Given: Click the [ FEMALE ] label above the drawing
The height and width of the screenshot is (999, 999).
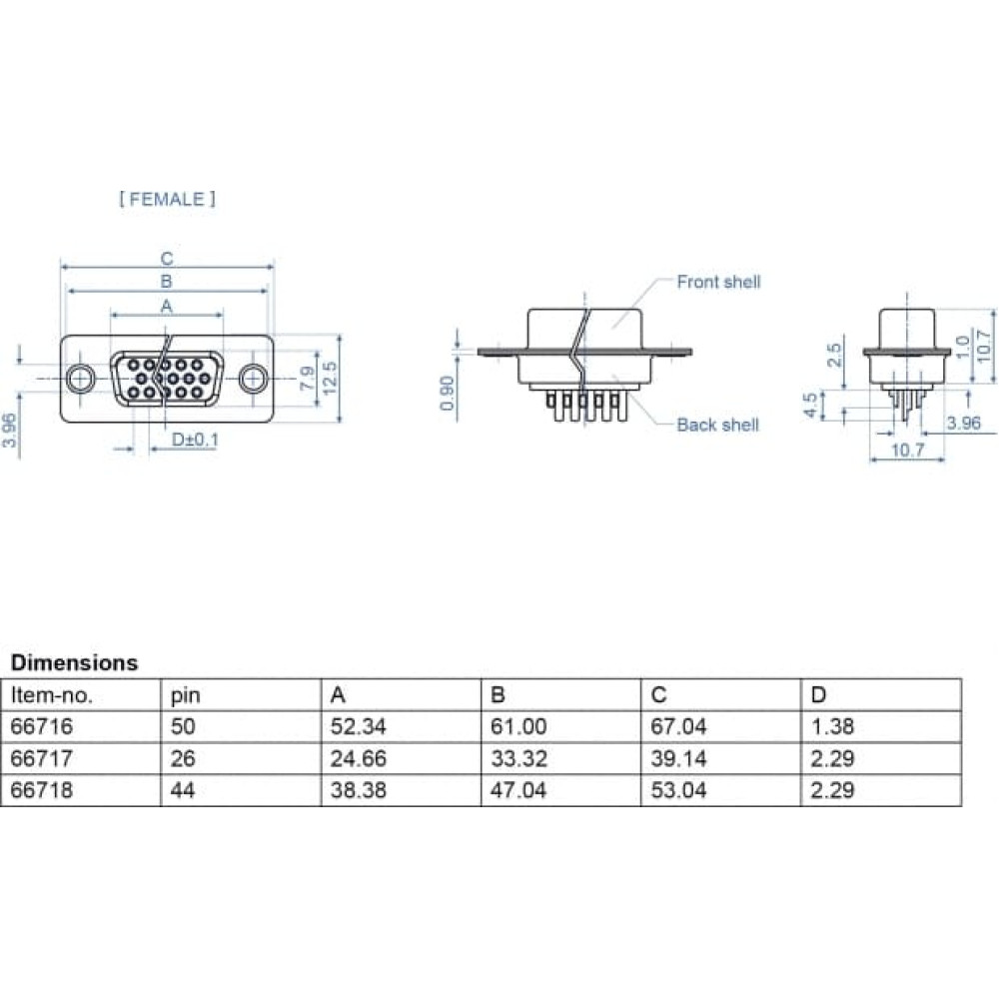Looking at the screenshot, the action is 168,200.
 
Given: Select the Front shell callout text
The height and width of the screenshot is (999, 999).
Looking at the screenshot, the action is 718,282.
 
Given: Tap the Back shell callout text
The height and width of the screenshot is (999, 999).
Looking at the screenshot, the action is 718,425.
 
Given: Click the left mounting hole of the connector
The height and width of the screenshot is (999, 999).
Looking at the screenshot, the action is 80,379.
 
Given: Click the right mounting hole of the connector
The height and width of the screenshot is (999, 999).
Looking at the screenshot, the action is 254,379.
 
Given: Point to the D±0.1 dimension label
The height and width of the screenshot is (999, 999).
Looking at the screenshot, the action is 195,440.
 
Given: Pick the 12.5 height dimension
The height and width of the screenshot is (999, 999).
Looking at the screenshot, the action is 330,378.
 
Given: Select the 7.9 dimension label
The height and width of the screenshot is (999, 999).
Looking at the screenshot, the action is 307,378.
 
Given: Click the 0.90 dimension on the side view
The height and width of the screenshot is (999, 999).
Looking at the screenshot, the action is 448,393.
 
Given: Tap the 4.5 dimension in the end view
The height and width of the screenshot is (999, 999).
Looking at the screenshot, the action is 810,406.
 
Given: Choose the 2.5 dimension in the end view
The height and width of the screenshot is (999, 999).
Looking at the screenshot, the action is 834,355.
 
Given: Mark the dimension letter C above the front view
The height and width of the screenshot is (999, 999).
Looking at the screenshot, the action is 166,259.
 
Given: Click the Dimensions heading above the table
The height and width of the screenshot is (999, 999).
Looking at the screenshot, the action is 75,662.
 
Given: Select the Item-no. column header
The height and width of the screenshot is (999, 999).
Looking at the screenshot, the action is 52,695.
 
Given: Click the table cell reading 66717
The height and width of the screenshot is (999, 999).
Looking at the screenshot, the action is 42,758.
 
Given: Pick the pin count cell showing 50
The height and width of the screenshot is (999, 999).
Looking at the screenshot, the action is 183,726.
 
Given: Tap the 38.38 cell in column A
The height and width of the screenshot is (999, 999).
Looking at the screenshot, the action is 358,790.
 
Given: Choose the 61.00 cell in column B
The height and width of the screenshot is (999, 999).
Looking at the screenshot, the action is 518,726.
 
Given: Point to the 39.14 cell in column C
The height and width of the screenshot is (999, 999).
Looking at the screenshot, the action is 678,758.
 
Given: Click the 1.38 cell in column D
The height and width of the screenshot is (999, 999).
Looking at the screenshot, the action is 832,726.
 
